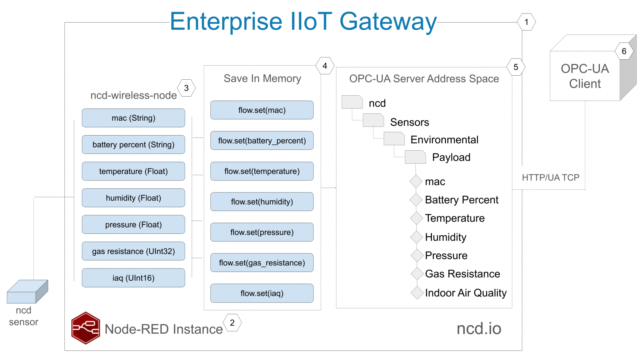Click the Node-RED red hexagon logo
[x=85, y=328]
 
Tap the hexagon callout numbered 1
[x=526, y=22]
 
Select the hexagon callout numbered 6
[x=624, y=51]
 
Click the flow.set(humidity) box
[x=262, y=202]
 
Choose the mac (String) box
[x=133, y=118]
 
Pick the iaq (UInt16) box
[x=133, y=278]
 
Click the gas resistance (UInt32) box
[x=133, y=251]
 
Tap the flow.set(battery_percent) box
[x=262, y=141]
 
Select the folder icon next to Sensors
[x=373, y=120]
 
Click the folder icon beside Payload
[x=415, y=157]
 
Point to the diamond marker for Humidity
[x=417, y=237]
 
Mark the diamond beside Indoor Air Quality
[x=417, y=293]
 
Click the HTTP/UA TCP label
[x=550, y=177]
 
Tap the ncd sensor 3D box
[x=27, y=292]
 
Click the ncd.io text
[x=479, y=328]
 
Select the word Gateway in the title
[x=388, y=22]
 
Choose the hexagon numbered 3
[x=186, y=88]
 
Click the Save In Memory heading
[x=262, y=78]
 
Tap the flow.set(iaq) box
[x=262, y=293]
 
